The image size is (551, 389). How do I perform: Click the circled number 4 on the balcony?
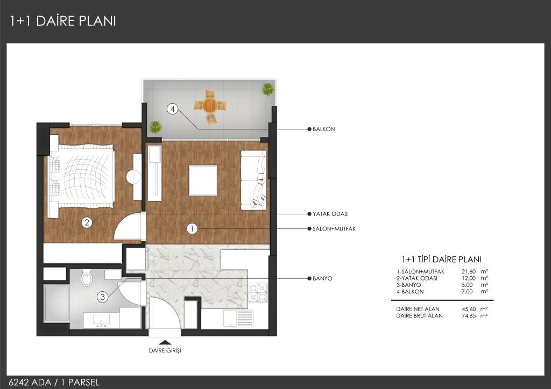(x=172, y=109)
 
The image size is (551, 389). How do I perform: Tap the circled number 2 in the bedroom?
(x=87, y=222)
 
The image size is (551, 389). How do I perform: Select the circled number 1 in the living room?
(x=192, y=229)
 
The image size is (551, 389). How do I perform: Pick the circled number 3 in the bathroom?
(x=102, y=297)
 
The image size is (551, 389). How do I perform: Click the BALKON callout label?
(x=323, y=129)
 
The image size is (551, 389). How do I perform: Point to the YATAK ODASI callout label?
(x=330, y=214)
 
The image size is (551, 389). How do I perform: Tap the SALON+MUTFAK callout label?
(x=334, y=229)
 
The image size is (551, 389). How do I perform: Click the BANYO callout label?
(x=322, y=278)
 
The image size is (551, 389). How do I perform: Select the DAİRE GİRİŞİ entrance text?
(x=165, y=350)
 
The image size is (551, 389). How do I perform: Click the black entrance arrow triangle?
(x=165, y=342)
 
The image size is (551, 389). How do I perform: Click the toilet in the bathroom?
(x=87, y=278)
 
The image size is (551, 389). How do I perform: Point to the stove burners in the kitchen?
(x=258, y=293)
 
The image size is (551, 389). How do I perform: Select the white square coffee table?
(x=203, y=181)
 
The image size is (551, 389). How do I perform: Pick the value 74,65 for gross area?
(x=469, y=316)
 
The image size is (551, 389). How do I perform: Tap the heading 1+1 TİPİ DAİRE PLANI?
(x=441, y=260)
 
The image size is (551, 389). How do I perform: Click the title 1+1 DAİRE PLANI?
(x=63, y=21)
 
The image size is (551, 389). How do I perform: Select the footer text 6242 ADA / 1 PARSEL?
(x=54, y=383)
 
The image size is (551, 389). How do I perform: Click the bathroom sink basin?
(x=101, y=319)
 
